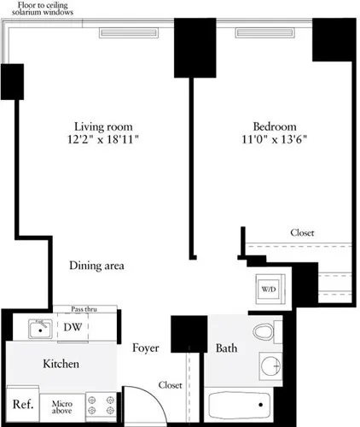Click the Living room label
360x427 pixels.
click(x=95, y=121)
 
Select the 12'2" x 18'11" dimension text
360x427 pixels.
click(x=95, y=136)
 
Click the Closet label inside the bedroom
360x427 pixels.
click(x=301, y=232)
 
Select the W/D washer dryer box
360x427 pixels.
click(x=269, y=290)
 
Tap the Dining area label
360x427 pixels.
click(x=96, y=266)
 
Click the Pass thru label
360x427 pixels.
click(x=82, y=309)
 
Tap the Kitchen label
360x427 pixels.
click(x=61, y=364)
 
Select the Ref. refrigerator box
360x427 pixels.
click(x=22, y=404)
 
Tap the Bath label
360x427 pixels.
click(x=226, y=348)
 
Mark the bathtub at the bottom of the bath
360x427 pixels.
click(x=239, y=402)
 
